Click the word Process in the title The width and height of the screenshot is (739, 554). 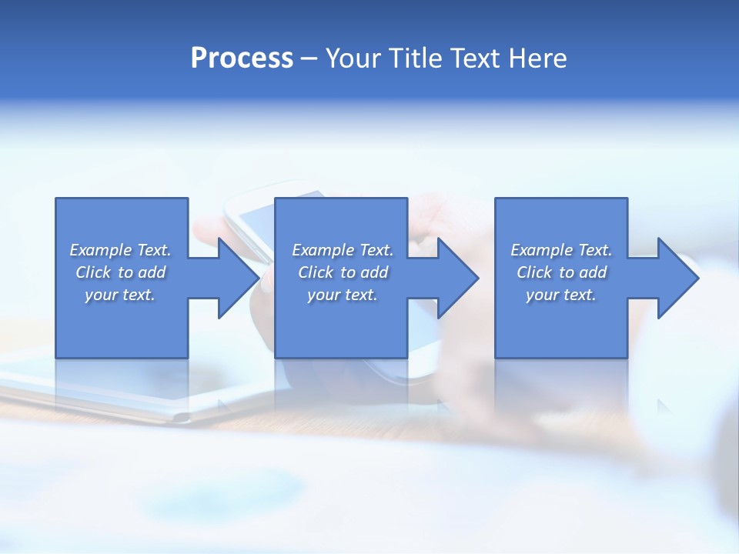point(242,58)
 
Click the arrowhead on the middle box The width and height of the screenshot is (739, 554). point(458,278)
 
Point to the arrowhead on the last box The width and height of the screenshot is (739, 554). point(678,278)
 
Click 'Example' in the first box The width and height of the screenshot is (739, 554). point(101,250)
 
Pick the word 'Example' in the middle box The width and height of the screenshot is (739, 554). point(323,250)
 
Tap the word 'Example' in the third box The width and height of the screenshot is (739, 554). point(542,250)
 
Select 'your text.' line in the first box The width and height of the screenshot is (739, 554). point(120,295)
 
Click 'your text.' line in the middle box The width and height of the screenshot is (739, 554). point(343,295)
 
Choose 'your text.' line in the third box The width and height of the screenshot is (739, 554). point(561,295)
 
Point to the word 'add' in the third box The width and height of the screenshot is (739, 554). point(593,272)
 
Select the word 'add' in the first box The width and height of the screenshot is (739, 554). point(152,272)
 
